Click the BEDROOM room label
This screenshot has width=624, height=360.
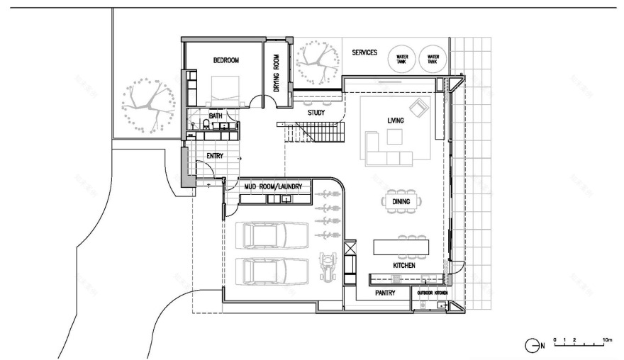tap(226, 61)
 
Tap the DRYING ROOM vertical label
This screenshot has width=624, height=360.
tap(277, 74)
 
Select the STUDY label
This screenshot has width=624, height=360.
tap(316, 113)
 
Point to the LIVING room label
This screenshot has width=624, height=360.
tap(395, 121)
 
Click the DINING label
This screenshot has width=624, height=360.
tap(401, 202)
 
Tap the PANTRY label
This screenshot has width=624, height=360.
tap(384, 291)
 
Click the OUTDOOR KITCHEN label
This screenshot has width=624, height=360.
tap(432, 293)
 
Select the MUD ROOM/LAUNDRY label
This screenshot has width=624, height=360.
tap(273, 186)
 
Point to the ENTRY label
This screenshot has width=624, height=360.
tap(215, 156)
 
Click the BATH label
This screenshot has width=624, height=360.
tap(216, 116)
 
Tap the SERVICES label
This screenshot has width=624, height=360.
tap(364, 52)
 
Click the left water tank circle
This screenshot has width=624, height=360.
tap(402, 60)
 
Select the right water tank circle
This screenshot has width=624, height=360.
tap(433, 60)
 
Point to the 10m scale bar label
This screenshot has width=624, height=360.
tap(606, 339)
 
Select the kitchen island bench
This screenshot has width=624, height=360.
tap(401, 247)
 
